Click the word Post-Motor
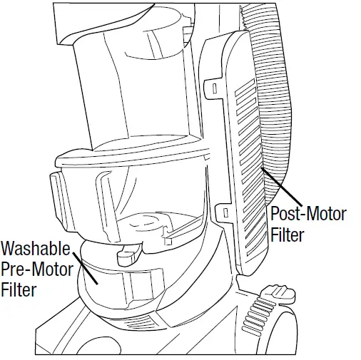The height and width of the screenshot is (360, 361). point(307,215)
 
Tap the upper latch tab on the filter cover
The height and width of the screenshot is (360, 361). point(209,86)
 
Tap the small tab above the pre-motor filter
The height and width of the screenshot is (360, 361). point(127,254)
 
